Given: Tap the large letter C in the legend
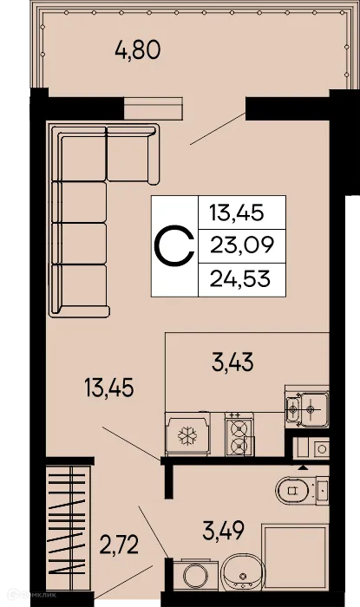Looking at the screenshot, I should (x=173, y=245).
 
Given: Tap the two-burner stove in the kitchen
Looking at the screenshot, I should (x=238, y=436).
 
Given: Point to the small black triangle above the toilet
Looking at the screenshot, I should (x=304, y=467).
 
